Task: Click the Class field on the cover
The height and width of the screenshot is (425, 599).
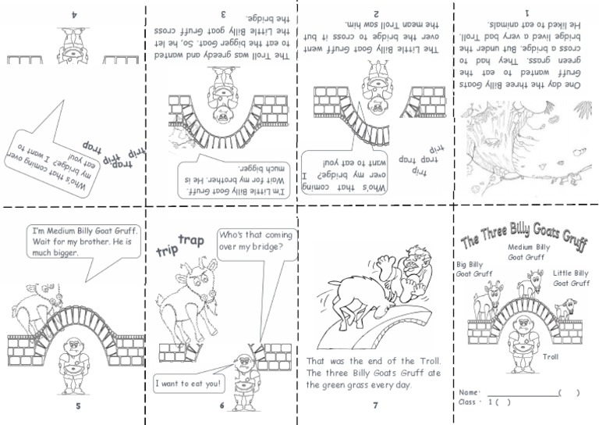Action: click(x=477, y=402)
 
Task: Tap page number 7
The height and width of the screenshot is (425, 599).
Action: click(x=375, y=405)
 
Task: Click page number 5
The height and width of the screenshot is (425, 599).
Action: click(x=77, y=405)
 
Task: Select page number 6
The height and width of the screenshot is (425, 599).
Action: click(x=222, y=405)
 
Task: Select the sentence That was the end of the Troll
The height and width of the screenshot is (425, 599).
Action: click(x=373, y=362)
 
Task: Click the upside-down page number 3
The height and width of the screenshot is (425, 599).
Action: click(x=224, y=13)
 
